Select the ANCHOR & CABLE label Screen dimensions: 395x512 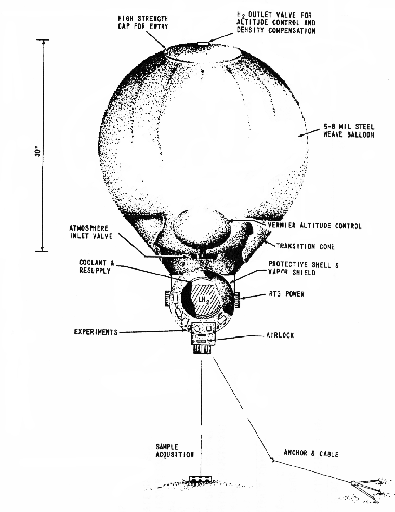click(311, 454)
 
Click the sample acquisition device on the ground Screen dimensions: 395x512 click(199, 478)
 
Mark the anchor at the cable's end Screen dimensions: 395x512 click(353, 484)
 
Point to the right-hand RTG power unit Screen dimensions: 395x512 click(236, 299)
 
